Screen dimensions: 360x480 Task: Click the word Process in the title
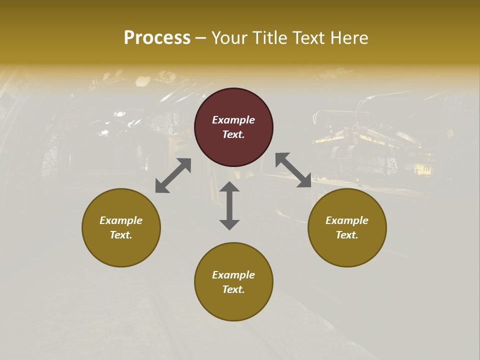pos(157,38)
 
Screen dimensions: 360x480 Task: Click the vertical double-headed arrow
pos(229,205)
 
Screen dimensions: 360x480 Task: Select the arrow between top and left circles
pos(173,175)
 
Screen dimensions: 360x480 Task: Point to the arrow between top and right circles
pos(293,170)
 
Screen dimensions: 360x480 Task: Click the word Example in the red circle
pos(233,120)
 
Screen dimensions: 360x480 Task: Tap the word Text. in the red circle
pos(233,134)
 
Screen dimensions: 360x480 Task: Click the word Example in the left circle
pos(121,220)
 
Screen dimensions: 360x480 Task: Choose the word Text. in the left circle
pos(121,235)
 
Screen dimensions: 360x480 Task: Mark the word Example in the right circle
pos(347,220)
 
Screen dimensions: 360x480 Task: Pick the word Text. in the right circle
pos(347,235)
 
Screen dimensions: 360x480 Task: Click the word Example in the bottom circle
pos(233,275)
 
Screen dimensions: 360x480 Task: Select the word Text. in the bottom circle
pos(233,289)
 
